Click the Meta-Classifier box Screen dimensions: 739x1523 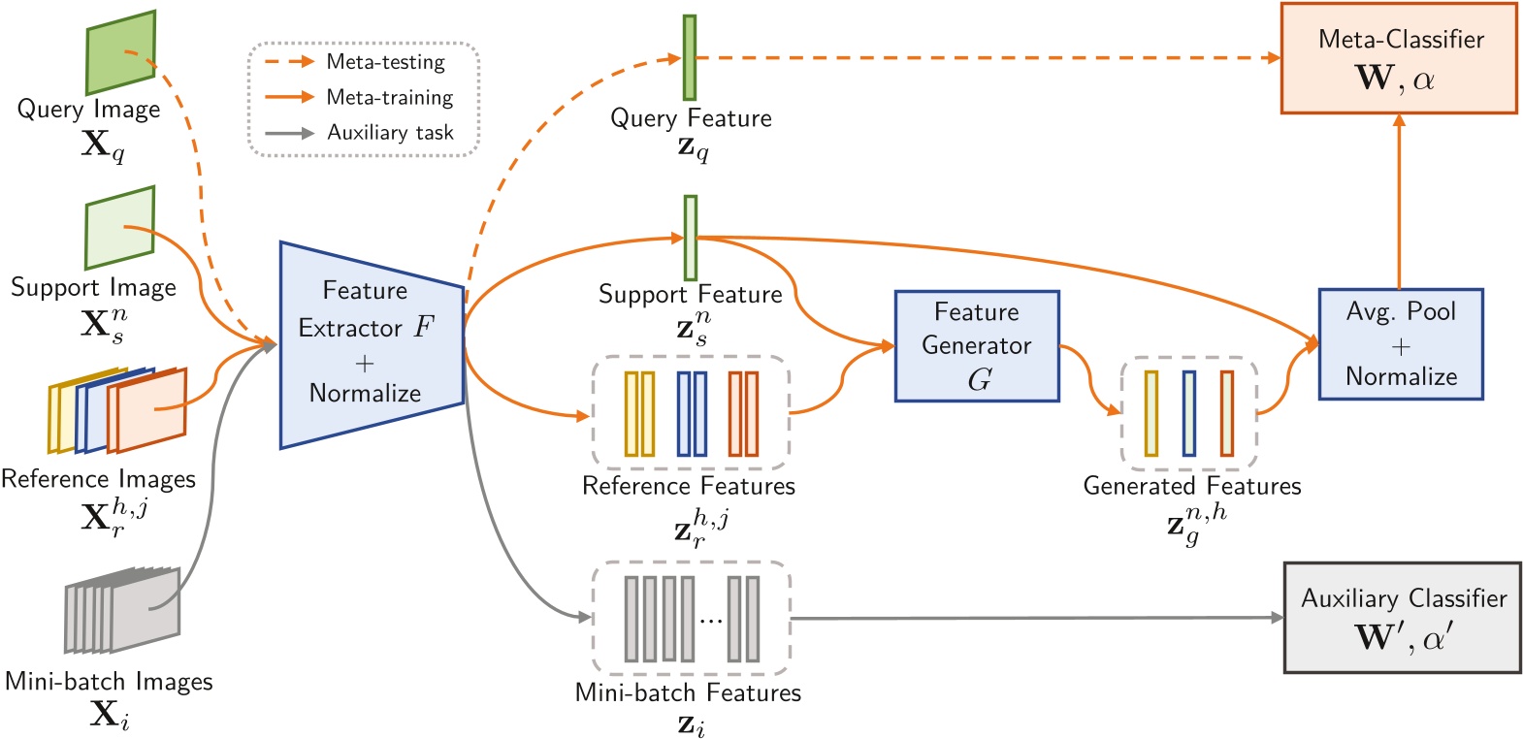click(x=1398, y=58)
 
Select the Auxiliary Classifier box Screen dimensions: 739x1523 click(x=1402, y=618)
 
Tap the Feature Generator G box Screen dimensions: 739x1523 click(x=976, y=346)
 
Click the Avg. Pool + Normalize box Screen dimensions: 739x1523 click(x=1400, y=344)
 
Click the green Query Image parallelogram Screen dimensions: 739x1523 click(x=120, y=54)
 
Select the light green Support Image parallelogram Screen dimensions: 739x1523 click(x=119, y=228)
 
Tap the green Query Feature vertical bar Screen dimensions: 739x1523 click(x=689, y=57)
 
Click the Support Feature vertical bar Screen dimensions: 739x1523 click(x=690, y=238)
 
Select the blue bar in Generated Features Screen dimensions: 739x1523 click(x=1188, y=413)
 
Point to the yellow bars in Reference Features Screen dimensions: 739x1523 click(x=638, y=413)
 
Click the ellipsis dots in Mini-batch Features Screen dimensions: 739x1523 click(x=710, y=620)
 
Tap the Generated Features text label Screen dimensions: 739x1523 click(x=1191, y=486)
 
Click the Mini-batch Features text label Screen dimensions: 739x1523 click(x=688, y=692)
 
